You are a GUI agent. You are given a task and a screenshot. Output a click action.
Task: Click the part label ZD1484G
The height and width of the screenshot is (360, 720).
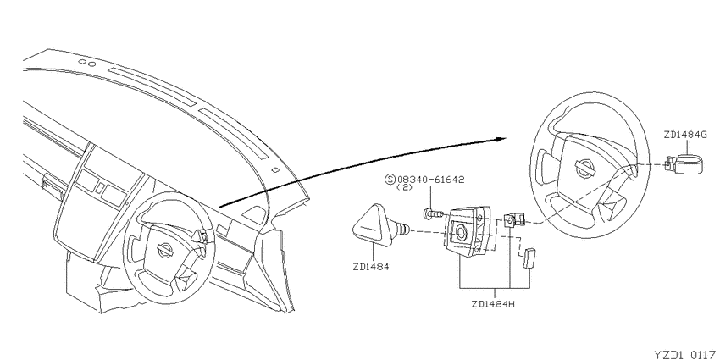(x=686, y=135)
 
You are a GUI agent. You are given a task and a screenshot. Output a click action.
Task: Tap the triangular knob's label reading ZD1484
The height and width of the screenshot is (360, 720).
(x=370, y=266)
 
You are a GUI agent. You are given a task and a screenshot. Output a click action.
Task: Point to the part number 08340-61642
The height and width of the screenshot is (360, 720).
(x=430, y=179)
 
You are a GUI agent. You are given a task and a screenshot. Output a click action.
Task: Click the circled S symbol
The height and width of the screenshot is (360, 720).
(x=391, y=179)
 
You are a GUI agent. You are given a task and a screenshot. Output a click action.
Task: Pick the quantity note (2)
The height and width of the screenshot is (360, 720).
(x=404, y=187)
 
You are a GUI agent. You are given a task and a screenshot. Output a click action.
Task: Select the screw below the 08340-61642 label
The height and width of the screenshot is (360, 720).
(x=432, y=213)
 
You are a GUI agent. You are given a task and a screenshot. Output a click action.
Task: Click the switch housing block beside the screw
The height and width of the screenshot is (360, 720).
(x=468, y=231)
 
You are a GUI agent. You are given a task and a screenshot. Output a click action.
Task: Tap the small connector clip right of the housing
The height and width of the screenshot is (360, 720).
(x=514, y=219)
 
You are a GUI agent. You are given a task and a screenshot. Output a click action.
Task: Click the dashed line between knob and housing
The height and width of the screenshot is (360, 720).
(x=430, y=232)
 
